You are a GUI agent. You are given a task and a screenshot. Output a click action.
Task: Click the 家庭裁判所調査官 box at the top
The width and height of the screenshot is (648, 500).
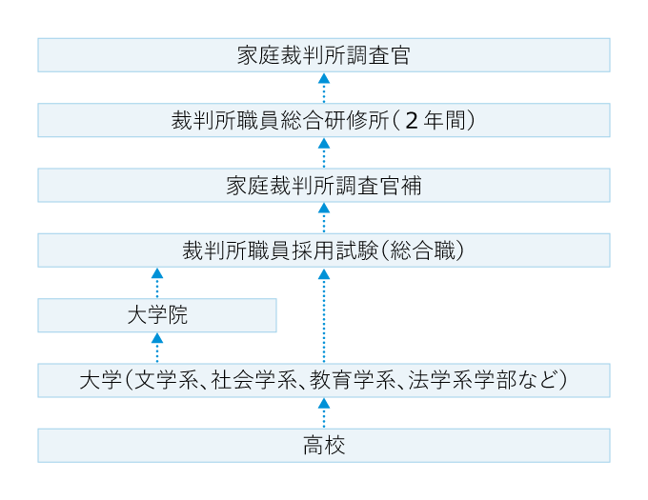[324, 55]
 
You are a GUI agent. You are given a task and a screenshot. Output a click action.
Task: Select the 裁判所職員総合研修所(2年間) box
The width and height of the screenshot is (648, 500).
[324, 121]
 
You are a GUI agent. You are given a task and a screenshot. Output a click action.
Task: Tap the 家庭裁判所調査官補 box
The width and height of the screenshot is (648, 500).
[324, 186]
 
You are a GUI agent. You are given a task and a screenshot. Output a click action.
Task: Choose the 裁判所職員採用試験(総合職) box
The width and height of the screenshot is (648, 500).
[324, 250]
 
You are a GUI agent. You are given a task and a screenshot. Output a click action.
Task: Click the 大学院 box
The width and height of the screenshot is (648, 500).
[157, 315]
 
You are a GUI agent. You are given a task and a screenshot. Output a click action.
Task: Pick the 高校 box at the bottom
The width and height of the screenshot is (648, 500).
[324, 445]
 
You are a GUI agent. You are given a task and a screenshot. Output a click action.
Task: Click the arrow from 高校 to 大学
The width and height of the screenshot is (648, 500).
[324, 413]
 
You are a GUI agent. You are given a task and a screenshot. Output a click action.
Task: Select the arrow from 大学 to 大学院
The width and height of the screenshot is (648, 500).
[157, 349]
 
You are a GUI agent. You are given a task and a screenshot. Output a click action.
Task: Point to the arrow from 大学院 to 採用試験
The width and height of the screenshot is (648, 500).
[157, 283]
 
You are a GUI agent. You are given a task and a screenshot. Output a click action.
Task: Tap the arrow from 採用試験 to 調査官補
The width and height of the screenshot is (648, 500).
[324, 218]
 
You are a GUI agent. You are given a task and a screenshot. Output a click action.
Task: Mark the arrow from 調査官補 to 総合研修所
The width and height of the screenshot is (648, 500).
[324, 153]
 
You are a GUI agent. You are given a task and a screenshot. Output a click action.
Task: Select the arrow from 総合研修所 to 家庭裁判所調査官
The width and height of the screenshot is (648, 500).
[324, 88]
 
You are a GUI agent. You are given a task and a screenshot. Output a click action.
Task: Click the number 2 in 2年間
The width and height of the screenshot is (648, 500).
[411, 121]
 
